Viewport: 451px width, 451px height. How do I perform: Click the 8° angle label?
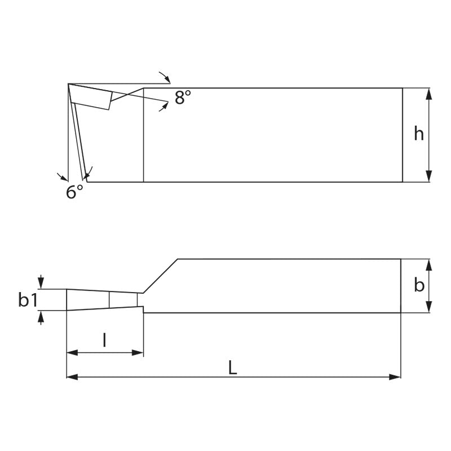coord(183,97)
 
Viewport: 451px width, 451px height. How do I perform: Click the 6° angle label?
coord(74,192)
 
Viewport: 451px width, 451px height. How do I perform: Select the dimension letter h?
coord(418,134)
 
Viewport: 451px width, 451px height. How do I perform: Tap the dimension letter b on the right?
coord(419,285)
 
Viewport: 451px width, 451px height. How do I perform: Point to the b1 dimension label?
coord(28,300)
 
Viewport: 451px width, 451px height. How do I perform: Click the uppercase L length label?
coord(232,368)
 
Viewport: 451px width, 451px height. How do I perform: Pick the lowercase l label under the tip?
coord(104,340)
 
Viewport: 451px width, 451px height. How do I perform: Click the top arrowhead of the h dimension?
coord(429,94)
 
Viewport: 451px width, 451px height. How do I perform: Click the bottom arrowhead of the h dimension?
coord(429,176)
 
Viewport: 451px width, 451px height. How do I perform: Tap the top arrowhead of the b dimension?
coord(429,264)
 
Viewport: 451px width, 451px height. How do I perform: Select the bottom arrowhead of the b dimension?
coord(429,307)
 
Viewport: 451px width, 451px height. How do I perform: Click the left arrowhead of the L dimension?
coord(72,377)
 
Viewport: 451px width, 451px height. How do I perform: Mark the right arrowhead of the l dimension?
coord(138,353)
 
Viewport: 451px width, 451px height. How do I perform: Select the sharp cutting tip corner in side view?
coord(68,85)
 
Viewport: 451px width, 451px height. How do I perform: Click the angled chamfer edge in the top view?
coord(161,276)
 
